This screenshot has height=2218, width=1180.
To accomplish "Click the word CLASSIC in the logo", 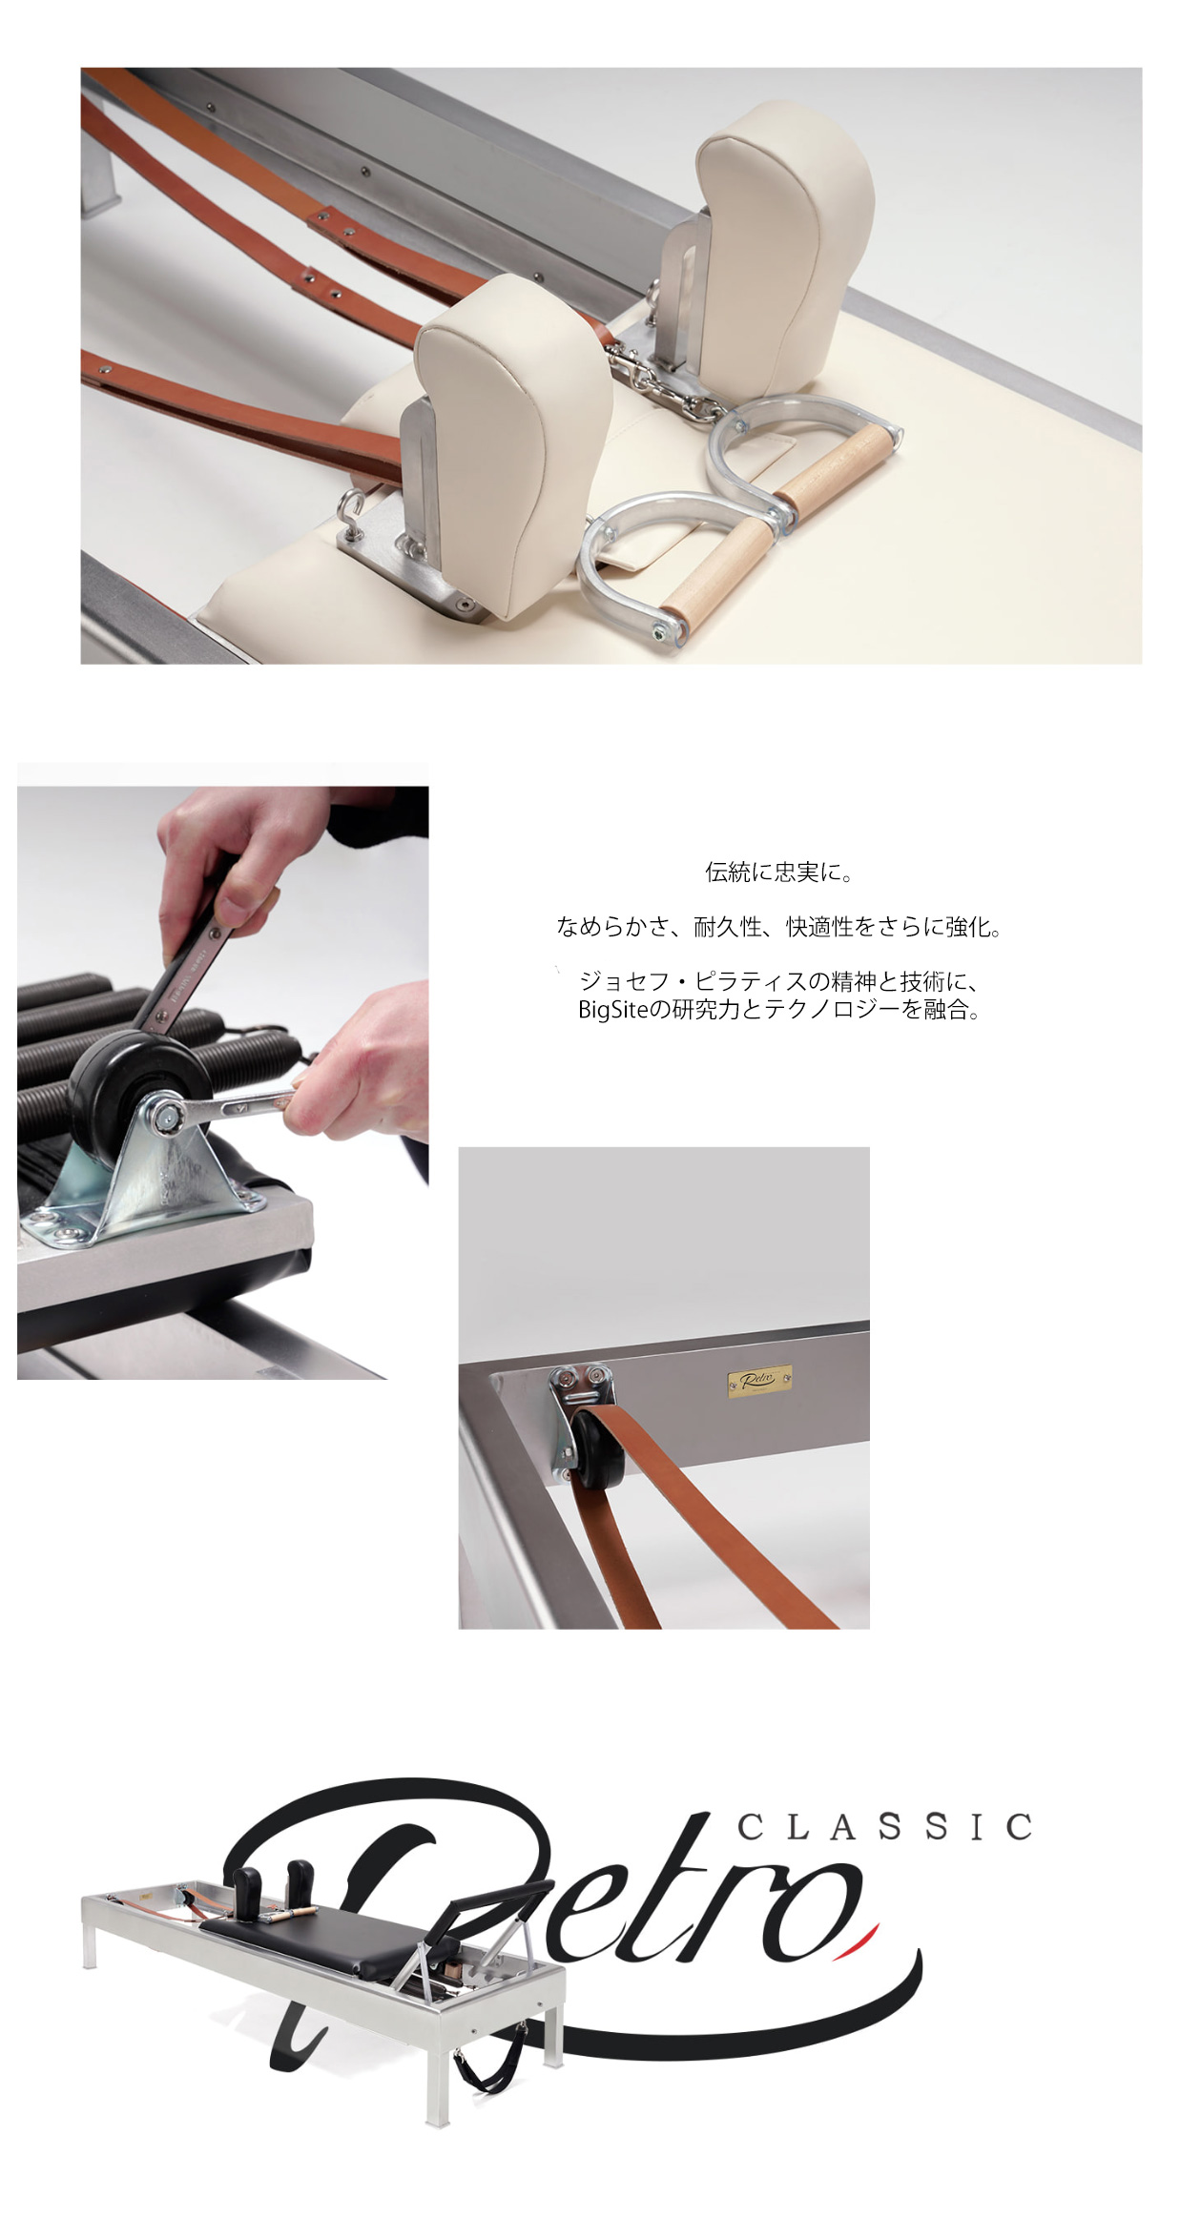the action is pyautogui.click(x=885, y=1826).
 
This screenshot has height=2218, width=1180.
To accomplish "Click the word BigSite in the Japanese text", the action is pyautogui.click(x=612, y=1010).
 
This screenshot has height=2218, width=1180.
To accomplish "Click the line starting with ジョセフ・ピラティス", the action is pyautogui.click(x=779, y=982).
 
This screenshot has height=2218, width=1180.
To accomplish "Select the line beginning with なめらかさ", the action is pyautogui.click(x=779, y=927).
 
